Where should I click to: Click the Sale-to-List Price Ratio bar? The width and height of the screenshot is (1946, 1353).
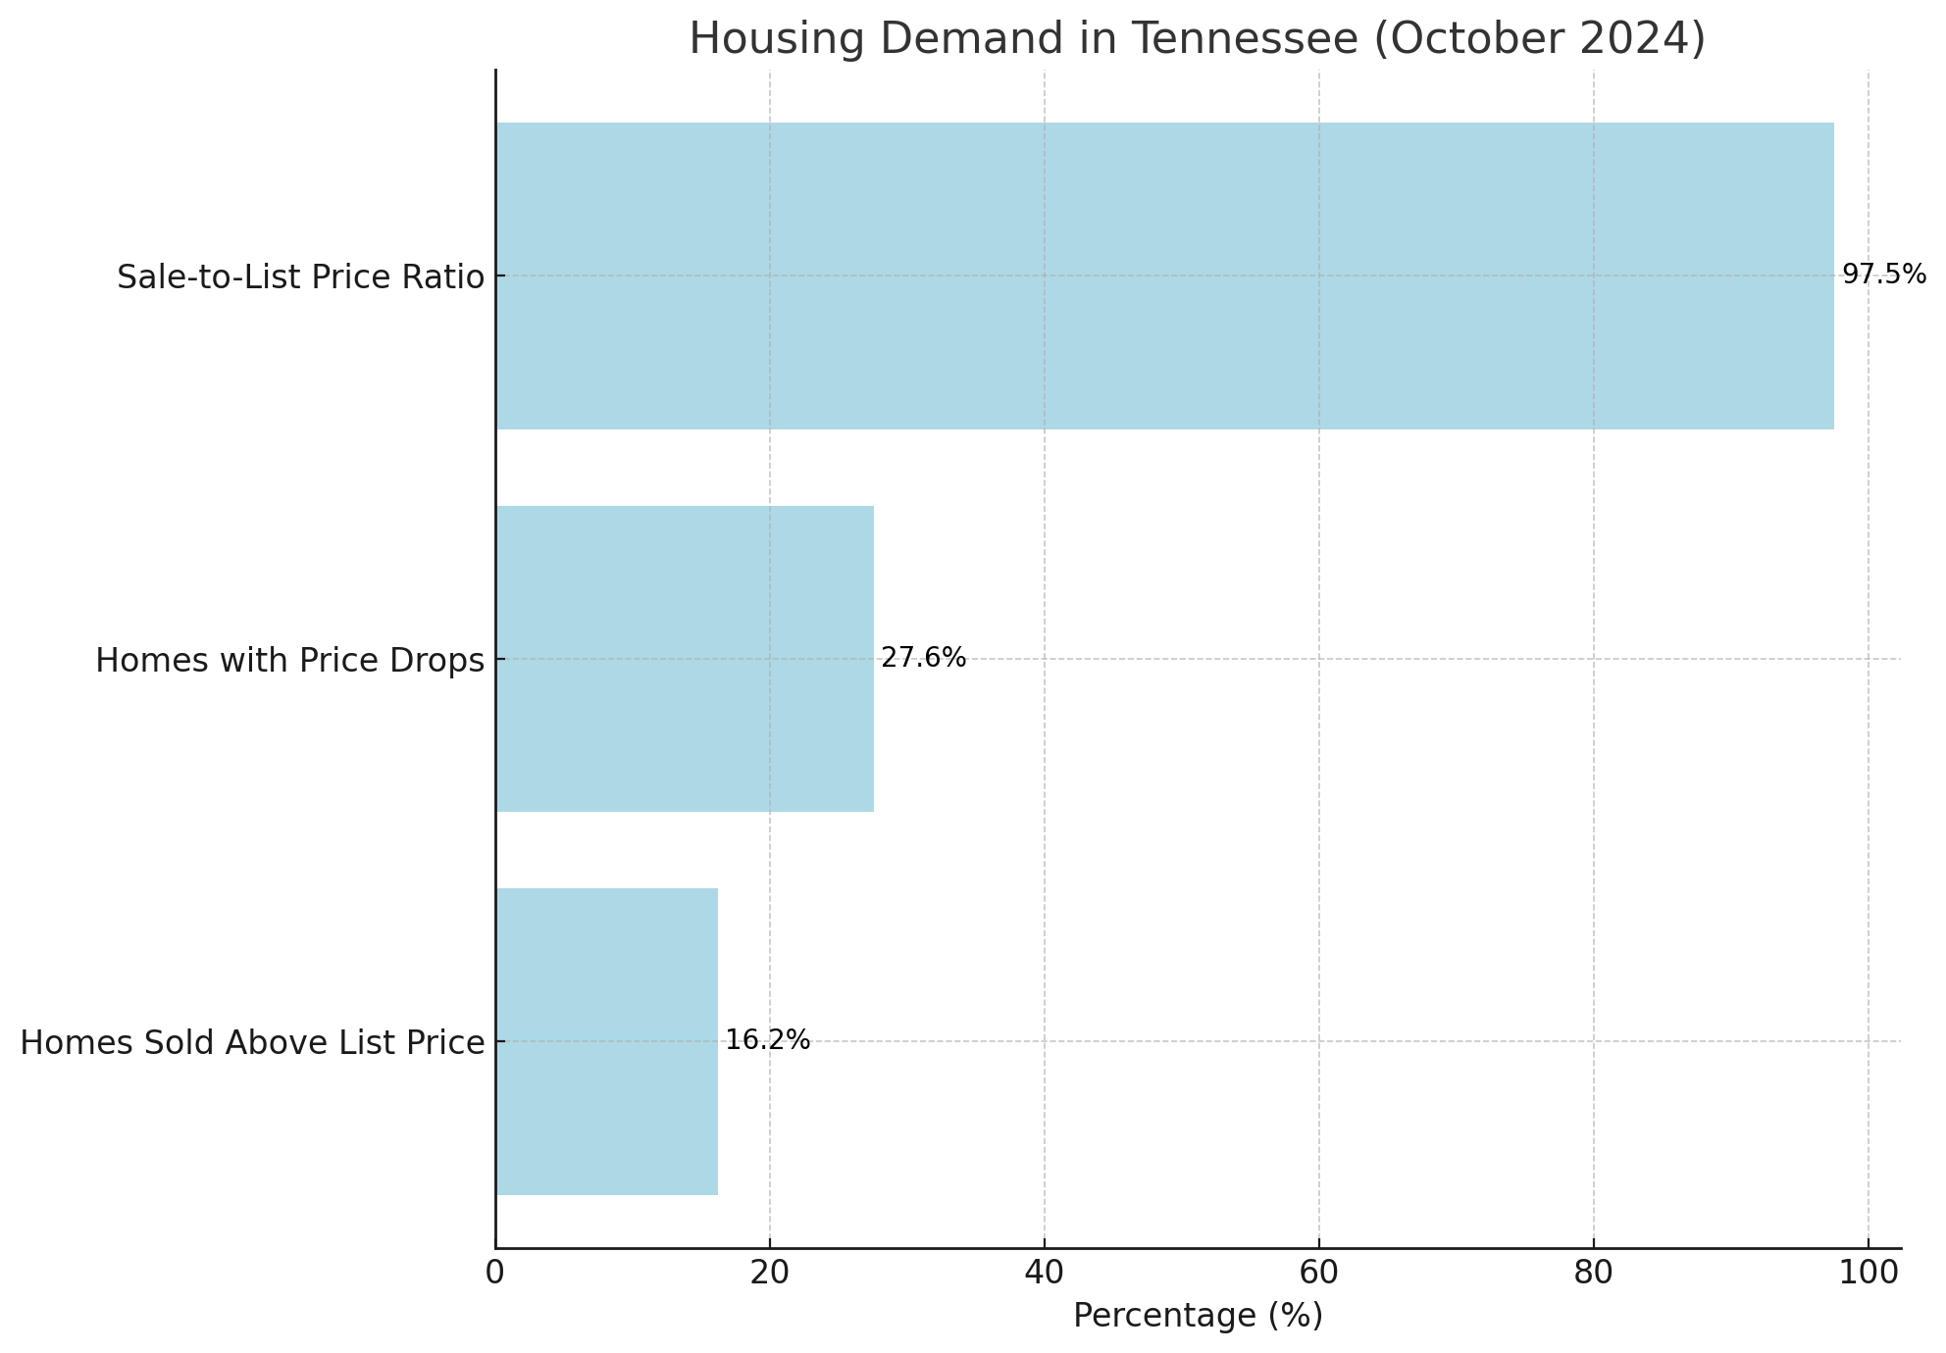1164,276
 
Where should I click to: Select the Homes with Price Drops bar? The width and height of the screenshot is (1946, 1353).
685,659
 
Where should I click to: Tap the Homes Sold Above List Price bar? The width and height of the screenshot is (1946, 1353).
606,1041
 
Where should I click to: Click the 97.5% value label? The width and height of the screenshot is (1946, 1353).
1883,275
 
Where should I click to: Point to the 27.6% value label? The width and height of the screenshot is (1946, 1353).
923,658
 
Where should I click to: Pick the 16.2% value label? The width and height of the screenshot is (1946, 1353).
767,1040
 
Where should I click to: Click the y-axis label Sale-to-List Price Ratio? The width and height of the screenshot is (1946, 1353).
300,277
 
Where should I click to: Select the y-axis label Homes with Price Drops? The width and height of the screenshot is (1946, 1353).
289,661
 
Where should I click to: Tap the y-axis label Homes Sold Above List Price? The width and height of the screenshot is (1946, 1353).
252,1043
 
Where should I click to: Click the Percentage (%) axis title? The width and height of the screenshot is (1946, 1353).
1198,1316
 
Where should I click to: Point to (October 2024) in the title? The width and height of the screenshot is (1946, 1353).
1540,39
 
